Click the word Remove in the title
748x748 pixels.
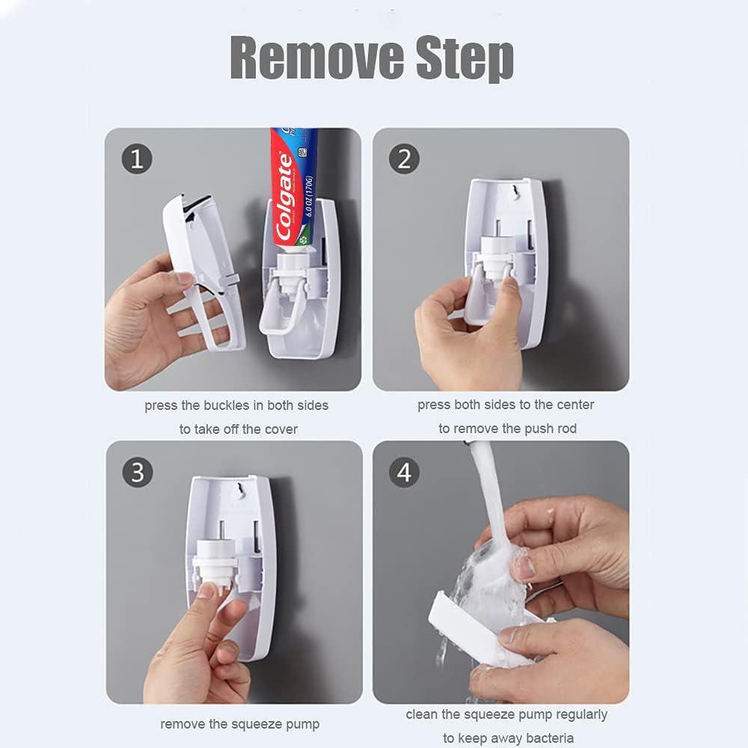coord(314,57)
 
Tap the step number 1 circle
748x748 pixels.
coord(137,159)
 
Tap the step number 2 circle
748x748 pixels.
coord(405,159)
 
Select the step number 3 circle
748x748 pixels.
coord(137,472)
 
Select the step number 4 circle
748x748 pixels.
coord(405,472)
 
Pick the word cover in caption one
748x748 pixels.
coord(281,429)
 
